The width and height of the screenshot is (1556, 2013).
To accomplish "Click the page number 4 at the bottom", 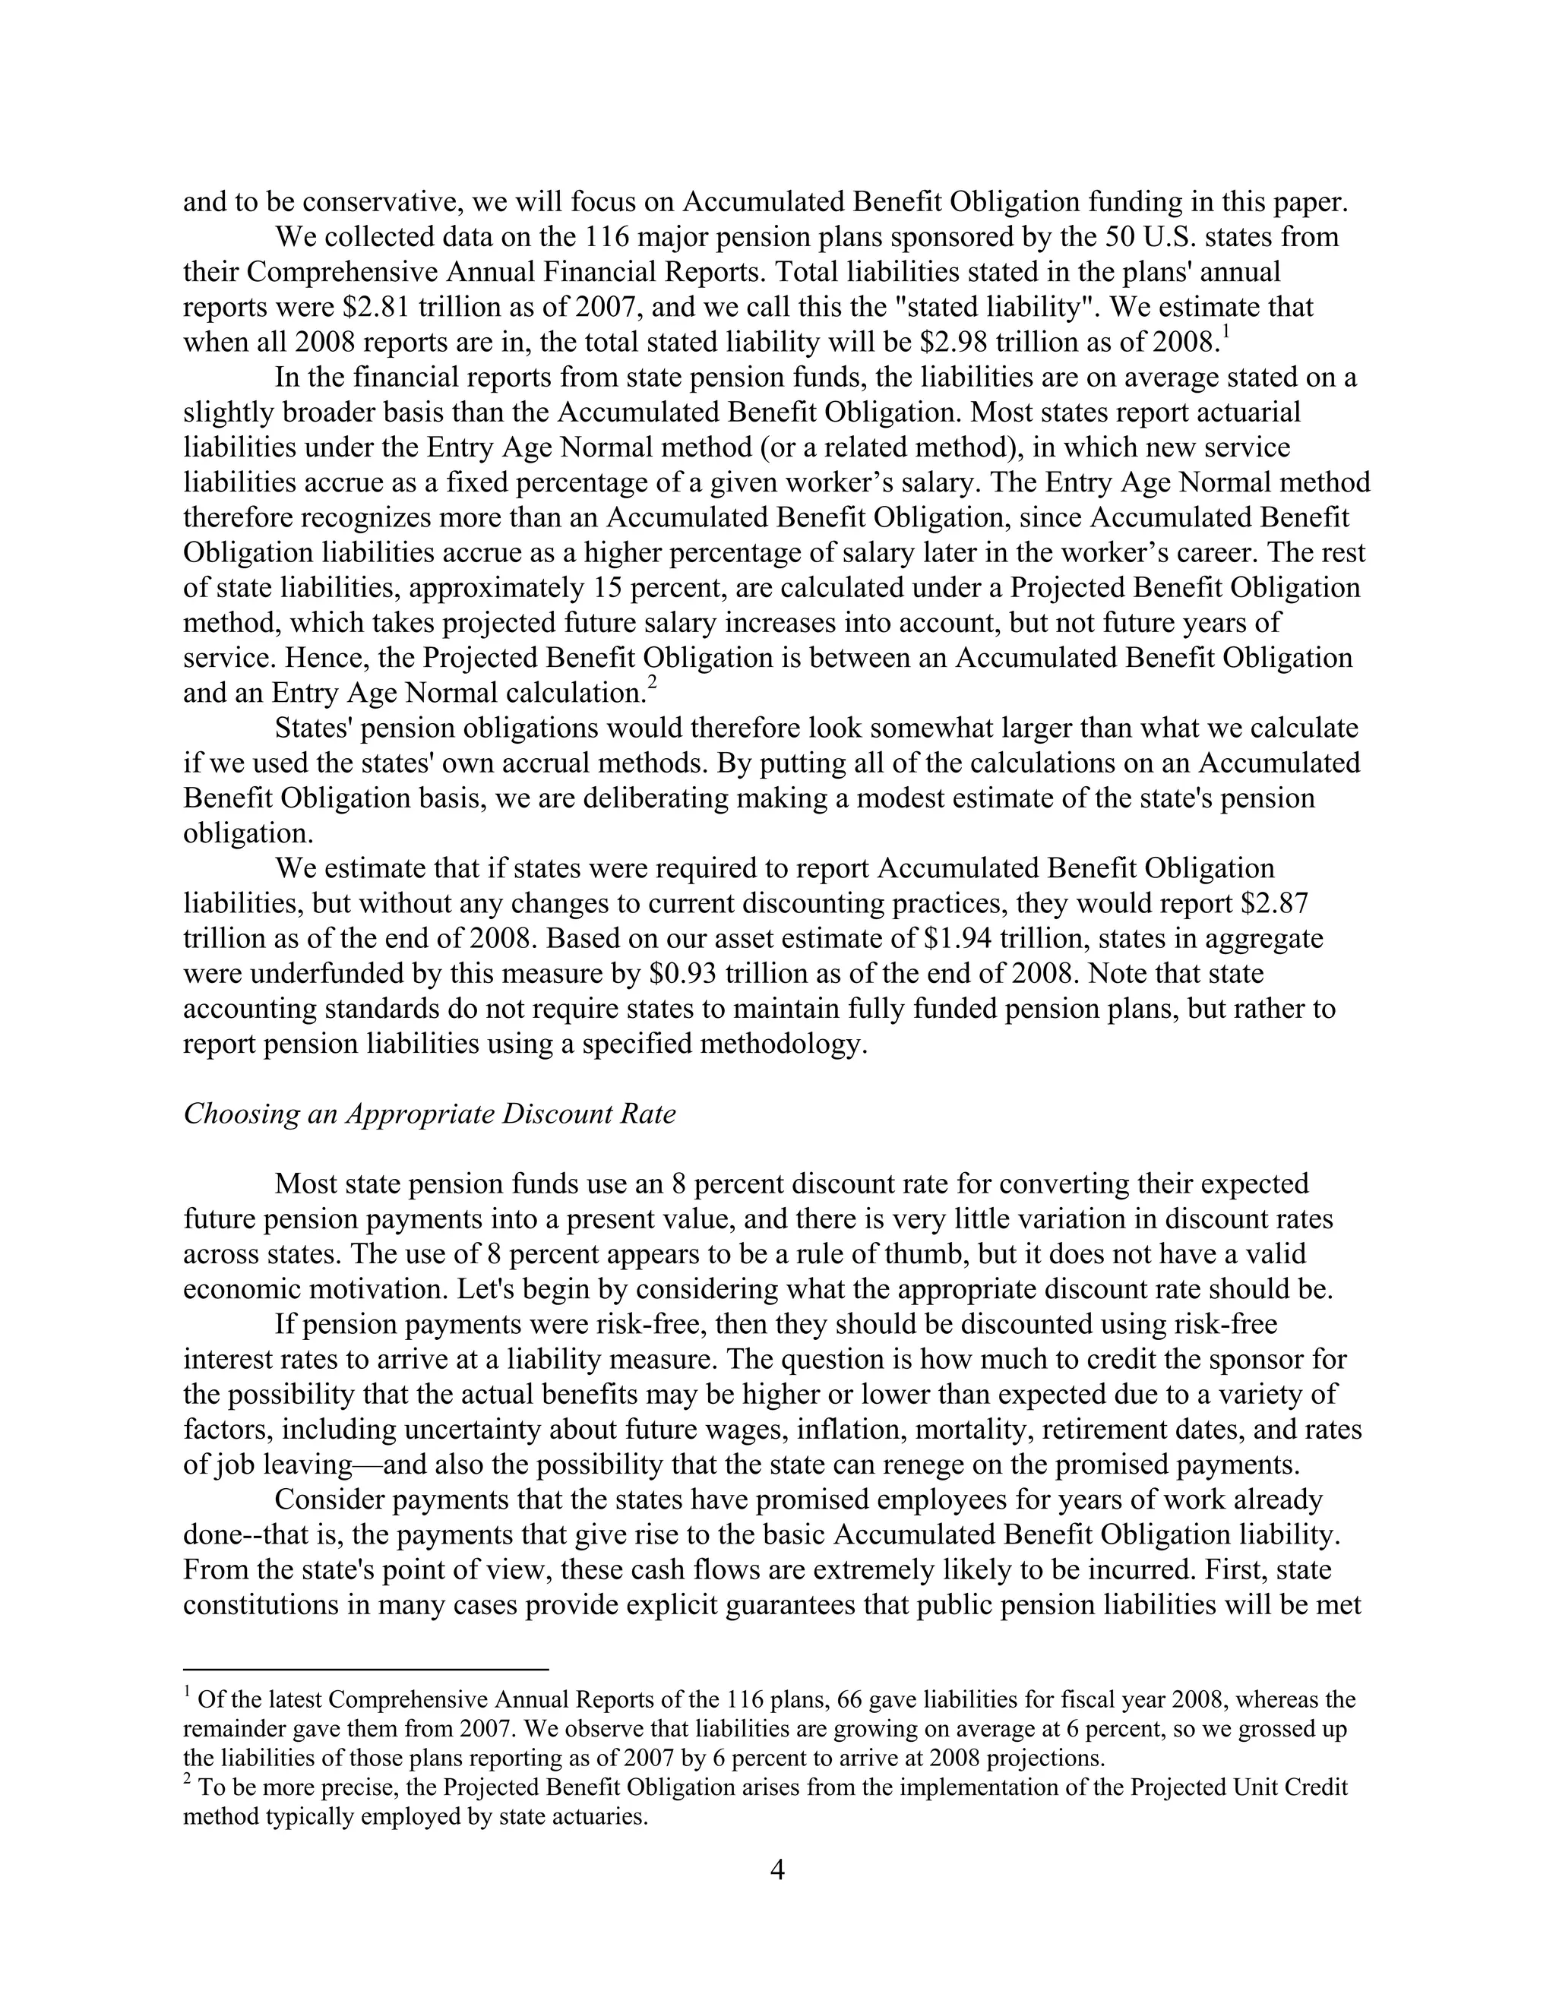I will (x=777, y=1870).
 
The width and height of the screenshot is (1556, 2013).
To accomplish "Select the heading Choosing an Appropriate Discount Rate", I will (x=429, y=1114).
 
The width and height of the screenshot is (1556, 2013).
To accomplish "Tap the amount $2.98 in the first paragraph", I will (x=957, y=342).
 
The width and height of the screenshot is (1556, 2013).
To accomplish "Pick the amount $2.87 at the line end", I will (x=1275, y=903).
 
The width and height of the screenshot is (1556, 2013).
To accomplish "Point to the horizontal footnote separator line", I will (x=366, y=1668).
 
